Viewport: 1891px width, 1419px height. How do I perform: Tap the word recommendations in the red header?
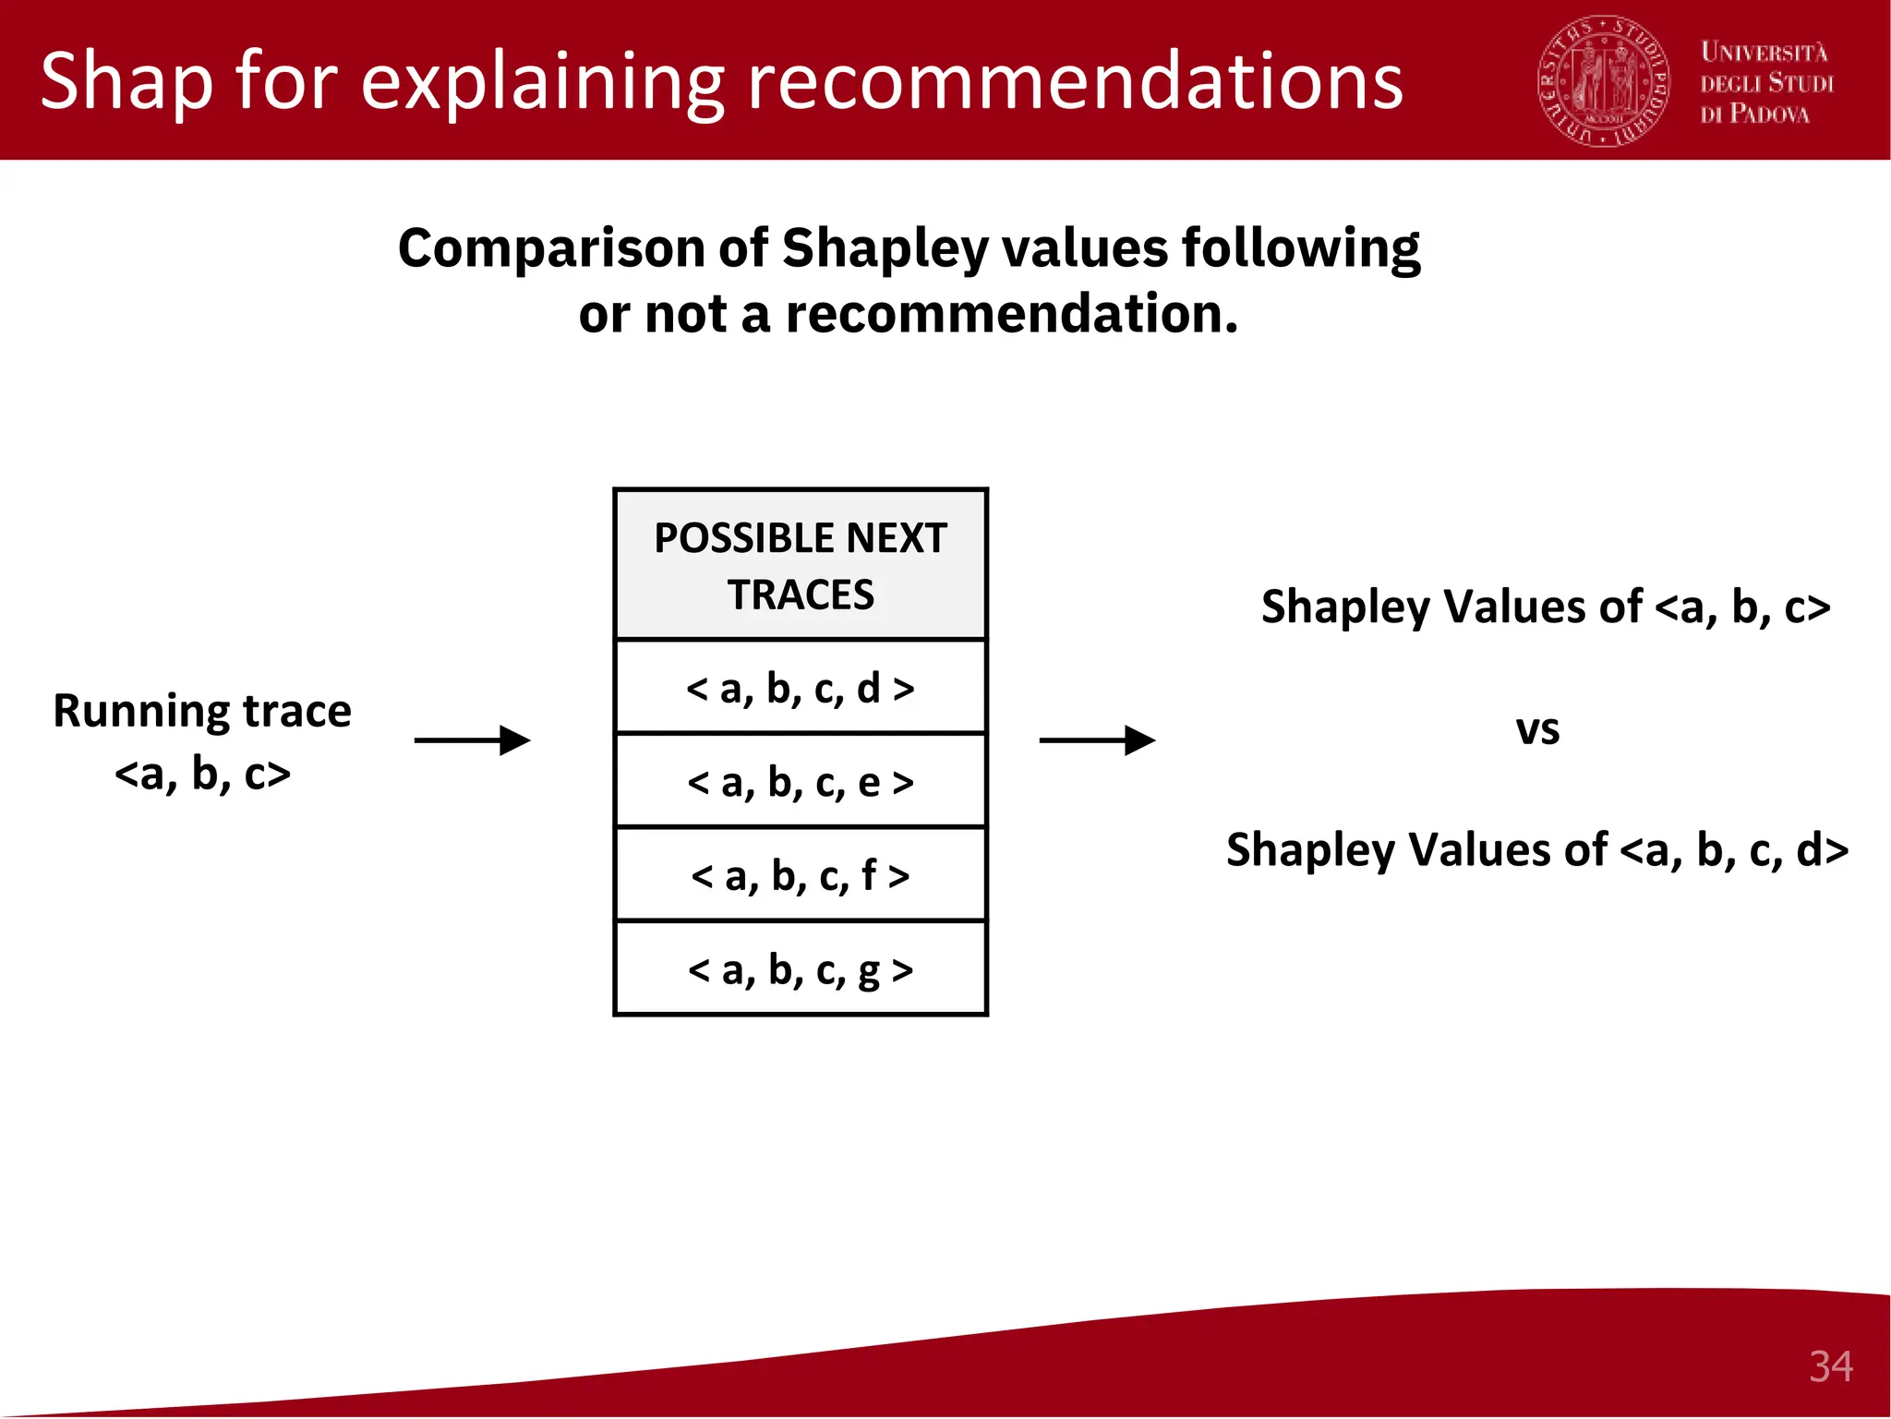(x=1075, y=81)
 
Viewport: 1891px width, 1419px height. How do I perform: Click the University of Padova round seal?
(x=1603, y=81)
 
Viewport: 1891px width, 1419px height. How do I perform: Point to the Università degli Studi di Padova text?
(x=1766, y=83)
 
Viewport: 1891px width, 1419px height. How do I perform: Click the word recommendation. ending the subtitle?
(x=1012, y=314)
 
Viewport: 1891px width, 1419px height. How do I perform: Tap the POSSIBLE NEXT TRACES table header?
(x=801, y=565)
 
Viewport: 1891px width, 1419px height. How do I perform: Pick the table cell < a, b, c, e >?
(x=801, y=782)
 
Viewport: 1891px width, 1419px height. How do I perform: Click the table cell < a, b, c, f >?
(x=801, y=875)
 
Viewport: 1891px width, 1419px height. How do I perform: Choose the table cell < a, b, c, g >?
(x=801, y=969)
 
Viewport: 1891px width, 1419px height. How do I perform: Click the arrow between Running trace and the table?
(x=472, y=740)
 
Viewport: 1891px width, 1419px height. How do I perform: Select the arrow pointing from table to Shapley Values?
(x=1097, y=740)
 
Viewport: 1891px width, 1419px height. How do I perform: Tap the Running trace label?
(x=202, y=711)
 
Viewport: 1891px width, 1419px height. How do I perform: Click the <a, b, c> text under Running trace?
(x=202, y=774)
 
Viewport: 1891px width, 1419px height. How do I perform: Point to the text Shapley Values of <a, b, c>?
(x=1545, y=607)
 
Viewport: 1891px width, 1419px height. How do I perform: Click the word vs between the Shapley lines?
(x=1537, y=729)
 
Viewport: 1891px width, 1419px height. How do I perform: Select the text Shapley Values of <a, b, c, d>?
(x=1537, y=849)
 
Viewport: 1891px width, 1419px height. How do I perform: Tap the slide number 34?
(x=1830, y=1366)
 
